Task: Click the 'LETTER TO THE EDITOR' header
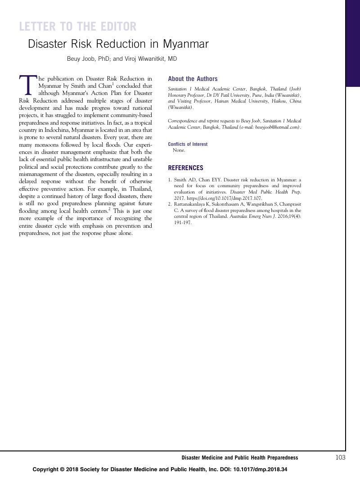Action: point(77,27)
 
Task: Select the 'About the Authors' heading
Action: point(193,79)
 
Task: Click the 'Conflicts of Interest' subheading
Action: point(188,144)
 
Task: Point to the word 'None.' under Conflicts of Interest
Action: point(179,150)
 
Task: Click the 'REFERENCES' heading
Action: point(185,168)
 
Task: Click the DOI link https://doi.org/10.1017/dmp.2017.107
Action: point(224,198)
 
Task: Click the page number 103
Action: point(340,458)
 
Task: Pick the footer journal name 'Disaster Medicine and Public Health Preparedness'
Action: point(239,458)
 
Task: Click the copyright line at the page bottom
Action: point(160,469)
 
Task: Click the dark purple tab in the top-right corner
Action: point(353,43)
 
